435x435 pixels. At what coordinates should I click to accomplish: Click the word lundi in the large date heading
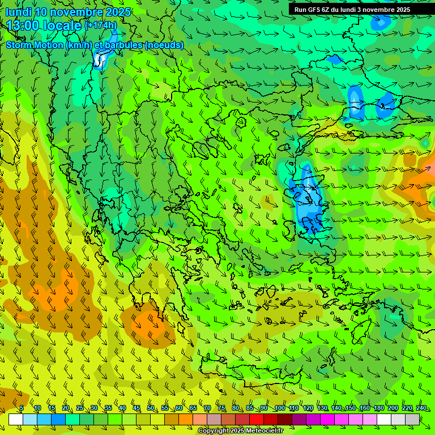(x=18, y=12)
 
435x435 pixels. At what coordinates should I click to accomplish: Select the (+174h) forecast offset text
(x=100, y=25)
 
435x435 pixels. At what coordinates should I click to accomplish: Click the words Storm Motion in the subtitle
(x=35, y=45)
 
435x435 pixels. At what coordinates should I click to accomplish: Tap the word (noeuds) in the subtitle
(x=164, y=45)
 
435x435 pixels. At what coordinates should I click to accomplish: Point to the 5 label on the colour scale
(x=22, y=408)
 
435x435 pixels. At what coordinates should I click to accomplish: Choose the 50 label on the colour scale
(x=151, y=408)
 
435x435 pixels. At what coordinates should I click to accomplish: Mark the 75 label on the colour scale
(x=221, y=408)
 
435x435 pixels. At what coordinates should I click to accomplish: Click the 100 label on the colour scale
(x=279, y=408)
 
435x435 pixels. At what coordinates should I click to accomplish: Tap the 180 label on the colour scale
(x=378, y=408)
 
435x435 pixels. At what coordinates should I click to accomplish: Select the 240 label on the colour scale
(x=421, y=408)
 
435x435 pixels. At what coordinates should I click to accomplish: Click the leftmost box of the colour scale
(x=16, y=419)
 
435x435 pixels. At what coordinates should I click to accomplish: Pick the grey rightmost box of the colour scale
(x=412, y=419)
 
